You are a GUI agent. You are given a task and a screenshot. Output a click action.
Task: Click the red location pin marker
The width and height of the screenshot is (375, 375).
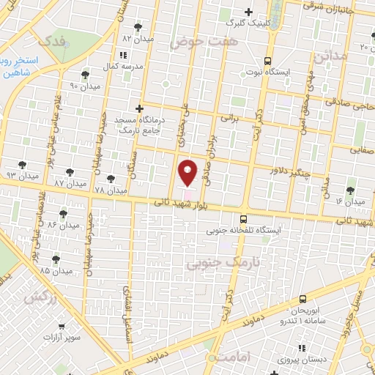click(x=187, y=172)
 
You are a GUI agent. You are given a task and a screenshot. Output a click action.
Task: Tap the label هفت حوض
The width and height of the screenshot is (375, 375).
click(x=195, y=42)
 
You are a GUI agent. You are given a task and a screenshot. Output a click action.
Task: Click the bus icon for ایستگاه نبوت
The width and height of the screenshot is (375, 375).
click(x=267, y=62)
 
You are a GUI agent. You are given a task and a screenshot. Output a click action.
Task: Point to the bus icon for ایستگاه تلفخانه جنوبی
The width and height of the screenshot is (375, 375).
click(x=243, y=218)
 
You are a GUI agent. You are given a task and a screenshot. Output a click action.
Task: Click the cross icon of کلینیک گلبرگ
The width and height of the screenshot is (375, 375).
click(x=249, y=12)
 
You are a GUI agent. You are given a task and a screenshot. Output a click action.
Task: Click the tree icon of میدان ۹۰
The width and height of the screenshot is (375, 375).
click(x=86, y=75)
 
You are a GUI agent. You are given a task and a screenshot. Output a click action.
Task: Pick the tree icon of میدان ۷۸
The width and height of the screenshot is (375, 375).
click(x=111, y=178)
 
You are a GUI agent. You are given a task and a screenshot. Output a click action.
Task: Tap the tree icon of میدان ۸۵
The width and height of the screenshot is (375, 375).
click(x=56, y=259)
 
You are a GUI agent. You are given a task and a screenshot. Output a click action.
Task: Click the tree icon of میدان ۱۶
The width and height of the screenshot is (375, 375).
click(x=351, y=189)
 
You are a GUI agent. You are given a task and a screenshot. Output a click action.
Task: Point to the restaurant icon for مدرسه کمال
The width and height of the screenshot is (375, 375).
click(x=122, y=55)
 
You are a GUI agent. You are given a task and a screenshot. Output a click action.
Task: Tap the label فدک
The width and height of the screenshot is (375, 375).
click(x=54, y=40)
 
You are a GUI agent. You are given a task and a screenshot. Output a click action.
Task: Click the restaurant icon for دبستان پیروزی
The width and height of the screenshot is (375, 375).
click(x=300, y=349)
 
